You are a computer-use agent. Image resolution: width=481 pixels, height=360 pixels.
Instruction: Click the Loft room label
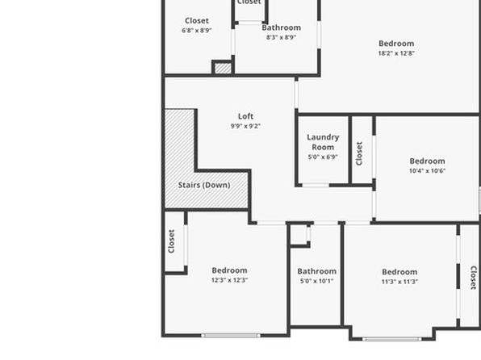[245, 116]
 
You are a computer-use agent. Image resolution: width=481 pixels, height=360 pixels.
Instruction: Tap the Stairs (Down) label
[204, 185]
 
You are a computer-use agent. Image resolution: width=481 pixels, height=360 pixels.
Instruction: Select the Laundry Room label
[323, 142]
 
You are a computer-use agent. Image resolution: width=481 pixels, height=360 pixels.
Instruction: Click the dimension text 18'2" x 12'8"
[396, 53]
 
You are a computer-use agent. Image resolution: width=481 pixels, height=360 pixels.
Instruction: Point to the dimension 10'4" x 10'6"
[427, 170]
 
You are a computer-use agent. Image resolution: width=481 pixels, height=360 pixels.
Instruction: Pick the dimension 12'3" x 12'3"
[229, 280]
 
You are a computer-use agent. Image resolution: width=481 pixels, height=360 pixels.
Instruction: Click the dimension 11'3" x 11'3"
[399, 282]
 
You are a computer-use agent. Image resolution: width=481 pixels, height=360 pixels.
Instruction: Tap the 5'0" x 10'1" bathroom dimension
[317, 281]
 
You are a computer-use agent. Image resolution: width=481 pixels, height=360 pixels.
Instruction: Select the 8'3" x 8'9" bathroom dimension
[281, 37]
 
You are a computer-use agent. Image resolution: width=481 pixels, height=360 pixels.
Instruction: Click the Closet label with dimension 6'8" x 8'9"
[197, 20]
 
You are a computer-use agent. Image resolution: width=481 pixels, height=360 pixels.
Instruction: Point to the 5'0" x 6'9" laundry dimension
[323, 157]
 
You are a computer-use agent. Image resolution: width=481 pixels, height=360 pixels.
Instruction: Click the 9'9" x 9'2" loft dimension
[245, 126]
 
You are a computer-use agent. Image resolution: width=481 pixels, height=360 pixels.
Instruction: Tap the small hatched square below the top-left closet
[223, 68]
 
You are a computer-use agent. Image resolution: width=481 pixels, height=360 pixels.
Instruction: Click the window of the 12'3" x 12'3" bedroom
[231, 336]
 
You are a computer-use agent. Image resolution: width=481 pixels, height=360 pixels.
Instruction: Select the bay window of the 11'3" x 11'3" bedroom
[392, 339]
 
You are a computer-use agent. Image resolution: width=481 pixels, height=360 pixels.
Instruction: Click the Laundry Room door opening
[316, 185]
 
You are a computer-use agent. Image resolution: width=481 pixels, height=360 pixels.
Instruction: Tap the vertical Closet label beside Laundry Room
[359, 153]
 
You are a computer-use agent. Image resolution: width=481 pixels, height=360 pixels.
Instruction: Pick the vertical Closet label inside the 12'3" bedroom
[171, 241]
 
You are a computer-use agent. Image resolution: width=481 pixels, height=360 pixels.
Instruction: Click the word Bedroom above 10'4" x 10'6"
[427, 161]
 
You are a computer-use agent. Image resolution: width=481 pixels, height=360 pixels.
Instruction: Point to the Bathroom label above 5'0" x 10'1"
[317, 271]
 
